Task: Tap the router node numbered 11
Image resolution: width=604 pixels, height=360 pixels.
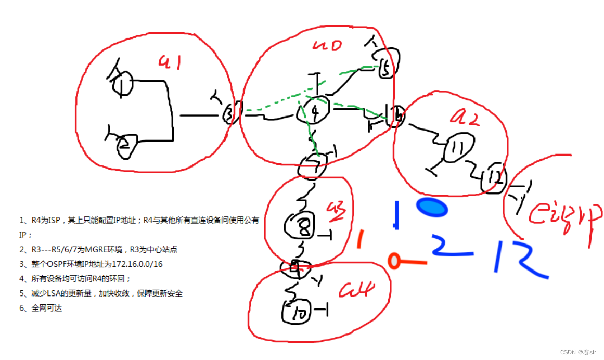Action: click(x=458, y=149)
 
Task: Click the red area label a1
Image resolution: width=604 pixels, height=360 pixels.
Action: click(x=170, y=63)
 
